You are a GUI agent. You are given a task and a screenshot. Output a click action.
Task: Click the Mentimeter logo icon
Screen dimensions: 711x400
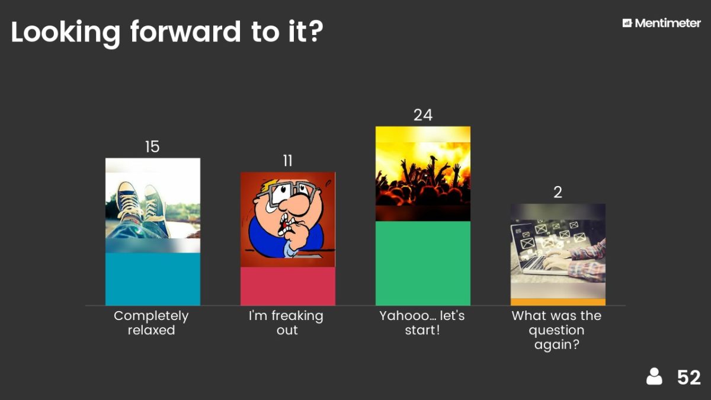[627, 23]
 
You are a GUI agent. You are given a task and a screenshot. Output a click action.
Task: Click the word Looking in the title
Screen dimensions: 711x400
[66, 33]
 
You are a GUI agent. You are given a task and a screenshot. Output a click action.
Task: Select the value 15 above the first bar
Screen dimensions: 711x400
[152, 147]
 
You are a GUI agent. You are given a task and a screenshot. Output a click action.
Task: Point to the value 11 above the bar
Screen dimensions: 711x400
[287, 161]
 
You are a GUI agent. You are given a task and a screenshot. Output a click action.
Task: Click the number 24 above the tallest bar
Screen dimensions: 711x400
[423, 115]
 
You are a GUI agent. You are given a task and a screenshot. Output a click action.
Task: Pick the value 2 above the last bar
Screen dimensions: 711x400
[558, 192]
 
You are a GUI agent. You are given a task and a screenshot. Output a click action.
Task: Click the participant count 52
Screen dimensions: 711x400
[688, 377]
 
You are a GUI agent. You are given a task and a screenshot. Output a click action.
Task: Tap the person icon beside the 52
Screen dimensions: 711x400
[654, 377]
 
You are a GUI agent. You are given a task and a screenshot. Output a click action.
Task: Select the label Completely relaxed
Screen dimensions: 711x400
[152, 323]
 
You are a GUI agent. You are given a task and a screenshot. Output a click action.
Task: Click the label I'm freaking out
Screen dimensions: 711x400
[286, 323]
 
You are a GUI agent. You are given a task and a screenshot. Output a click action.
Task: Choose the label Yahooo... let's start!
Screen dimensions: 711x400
[422, 323]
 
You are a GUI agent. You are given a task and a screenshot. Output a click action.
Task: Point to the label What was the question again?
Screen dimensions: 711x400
[557, 330]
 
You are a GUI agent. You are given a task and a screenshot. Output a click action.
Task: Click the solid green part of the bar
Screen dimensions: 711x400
[423, 263]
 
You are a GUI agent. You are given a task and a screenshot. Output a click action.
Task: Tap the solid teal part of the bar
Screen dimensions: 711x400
[153, 279]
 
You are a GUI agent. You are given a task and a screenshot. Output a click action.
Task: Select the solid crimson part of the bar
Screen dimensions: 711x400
[287, 286]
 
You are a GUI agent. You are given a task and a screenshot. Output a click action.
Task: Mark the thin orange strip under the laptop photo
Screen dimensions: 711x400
[558, 302]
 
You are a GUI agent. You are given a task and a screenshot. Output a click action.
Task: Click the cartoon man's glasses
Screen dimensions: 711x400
[287, 193]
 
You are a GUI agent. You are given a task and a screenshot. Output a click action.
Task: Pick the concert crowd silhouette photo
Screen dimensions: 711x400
[423, 174]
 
